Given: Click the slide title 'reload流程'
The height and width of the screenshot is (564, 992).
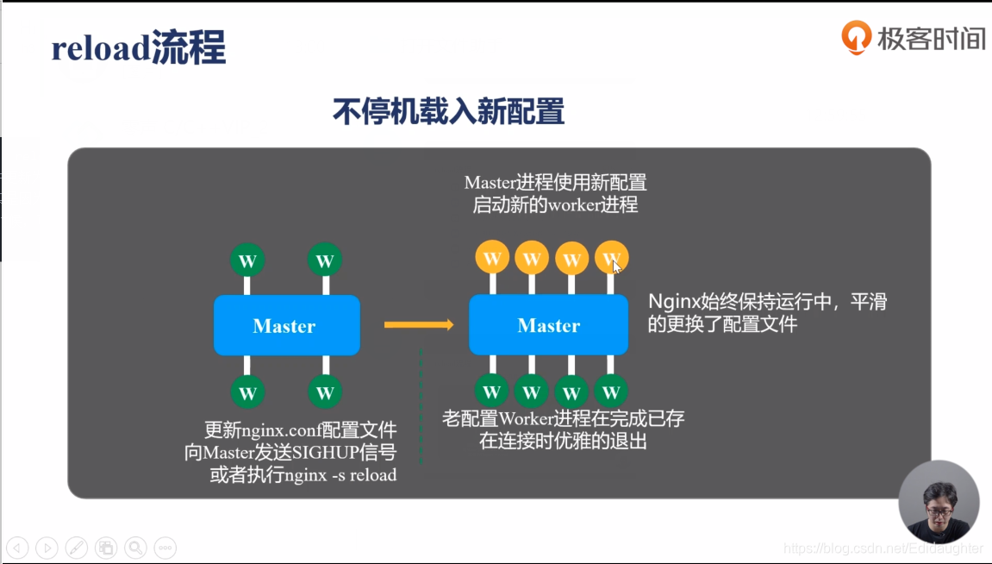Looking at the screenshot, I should pyautogui.click(x=138, y=48).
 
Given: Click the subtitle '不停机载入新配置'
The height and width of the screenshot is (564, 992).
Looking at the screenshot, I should pyautogui.click(x=448, y=112).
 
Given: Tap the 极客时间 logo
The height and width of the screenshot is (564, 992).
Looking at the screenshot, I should pyautogui.click(x=914, y=38).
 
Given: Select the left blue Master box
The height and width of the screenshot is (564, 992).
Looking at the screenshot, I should pyautogui.click(x=286, y=325).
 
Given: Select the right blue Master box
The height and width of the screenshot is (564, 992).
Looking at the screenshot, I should pyautogui.click(x=548, y=325).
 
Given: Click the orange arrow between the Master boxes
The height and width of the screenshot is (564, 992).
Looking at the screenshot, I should pyautogui.click(x=419, y=324).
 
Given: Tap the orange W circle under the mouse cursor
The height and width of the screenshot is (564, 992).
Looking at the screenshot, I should pyautogui.click(x=611, y=257).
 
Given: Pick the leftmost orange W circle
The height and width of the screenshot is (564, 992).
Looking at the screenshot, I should pyautogui.click(x=491, y=257).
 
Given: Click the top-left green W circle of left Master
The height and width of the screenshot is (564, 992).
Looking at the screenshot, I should pyautogui.click(x=247, y=260).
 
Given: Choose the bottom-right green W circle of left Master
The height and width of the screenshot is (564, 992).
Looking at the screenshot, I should pyautogui.click(x=325, y=392).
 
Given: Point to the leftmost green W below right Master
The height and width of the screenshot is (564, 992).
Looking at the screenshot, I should pyautogui.click(x=491, y=392).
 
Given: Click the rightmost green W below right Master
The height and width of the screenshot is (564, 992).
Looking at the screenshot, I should pyautogui.click(x=611, y=392).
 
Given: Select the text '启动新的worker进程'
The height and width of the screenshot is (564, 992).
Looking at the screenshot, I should pyautogui.click(x=555, y=205).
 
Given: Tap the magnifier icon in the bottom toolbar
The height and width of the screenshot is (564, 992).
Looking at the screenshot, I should pyautogui.click(x=134, y=547).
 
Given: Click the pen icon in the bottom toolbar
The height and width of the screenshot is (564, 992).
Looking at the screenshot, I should pyautogui.click(x=76, y=547).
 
